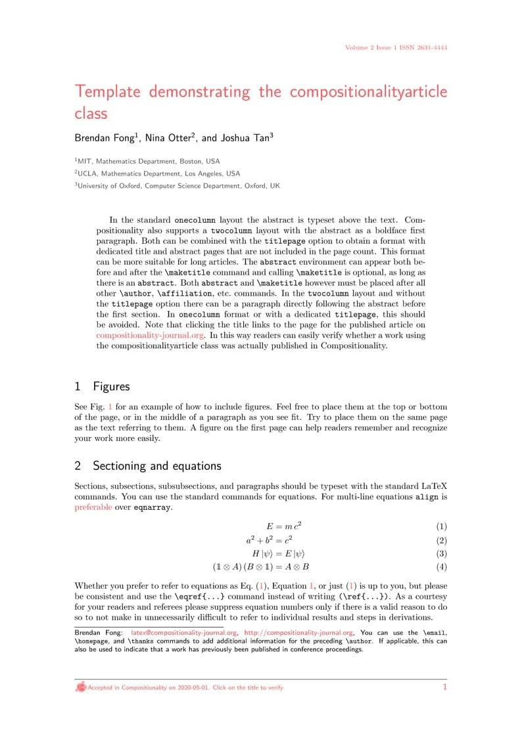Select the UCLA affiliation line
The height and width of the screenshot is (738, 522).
(x=157, y=173)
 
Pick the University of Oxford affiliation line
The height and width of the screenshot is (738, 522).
(x=177, y=186)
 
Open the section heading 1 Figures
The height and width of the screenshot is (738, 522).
(x=102, y=386)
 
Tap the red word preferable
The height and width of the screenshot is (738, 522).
(x=93, y=507)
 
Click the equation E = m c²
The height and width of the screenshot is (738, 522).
(x=283, y=526)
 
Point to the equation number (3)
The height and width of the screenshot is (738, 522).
(x=441, y=553)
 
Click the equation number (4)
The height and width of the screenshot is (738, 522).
(x=441, y=566)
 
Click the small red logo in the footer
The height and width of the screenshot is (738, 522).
(x=81, y=687)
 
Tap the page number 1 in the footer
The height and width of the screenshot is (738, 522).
(x=444, y=687)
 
